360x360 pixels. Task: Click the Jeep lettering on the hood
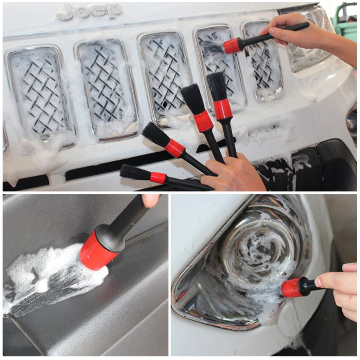point(90,11)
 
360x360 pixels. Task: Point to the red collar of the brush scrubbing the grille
point(232,46)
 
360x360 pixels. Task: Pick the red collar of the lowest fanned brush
point(158,177)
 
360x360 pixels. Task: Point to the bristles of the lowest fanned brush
point(135,172)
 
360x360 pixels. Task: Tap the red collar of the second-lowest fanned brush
point(175,148)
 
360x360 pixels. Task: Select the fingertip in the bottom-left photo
point(150,200)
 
